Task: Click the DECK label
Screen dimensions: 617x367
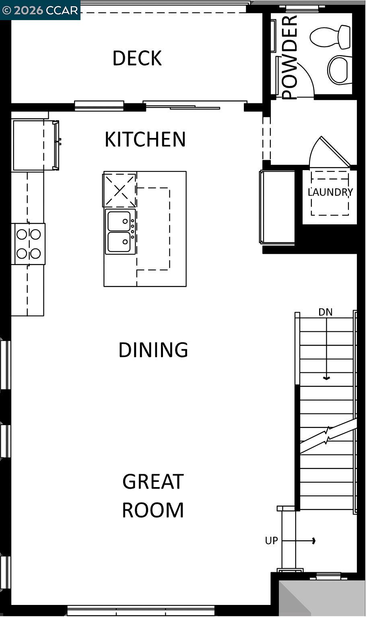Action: (137, 58)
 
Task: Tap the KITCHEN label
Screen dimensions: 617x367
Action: (145, 139)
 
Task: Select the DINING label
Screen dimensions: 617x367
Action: (153, 350)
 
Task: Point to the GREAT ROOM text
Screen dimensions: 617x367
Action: (153, 496)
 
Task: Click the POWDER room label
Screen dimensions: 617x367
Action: (289, 57)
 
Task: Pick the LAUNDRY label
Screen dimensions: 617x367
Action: (330, 192)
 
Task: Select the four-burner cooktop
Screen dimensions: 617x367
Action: (29, 244)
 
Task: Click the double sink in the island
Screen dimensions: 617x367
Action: (120, 232)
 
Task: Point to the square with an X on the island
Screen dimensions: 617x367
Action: (120, 190)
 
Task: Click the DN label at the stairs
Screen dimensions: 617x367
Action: (325, 312)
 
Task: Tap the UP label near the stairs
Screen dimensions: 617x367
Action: (271, 541)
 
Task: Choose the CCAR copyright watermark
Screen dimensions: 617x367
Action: (40, 10)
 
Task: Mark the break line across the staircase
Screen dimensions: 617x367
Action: (328, 436)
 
